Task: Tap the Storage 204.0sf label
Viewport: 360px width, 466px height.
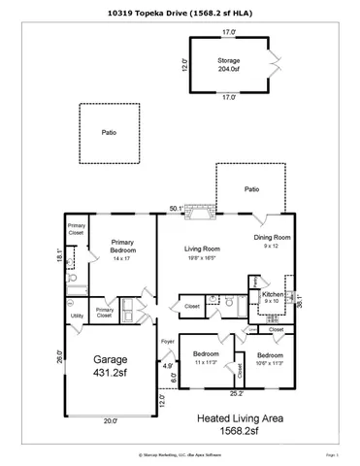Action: pos(229,65)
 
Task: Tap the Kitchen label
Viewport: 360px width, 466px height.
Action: pos(273,295)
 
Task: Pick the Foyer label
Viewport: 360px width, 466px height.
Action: pos(168,342)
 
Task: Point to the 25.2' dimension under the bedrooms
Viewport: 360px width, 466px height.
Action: pos(236,394)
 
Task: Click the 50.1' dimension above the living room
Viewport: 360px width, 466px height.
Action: pos(175,209)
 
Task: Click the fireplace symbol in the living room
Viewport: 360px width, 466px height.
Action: pos(200,207)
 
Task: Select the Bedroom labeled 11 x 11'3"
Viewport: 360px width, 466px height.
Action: pos(206,358)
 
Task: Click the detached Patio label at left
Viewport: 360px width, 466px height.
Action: pos(110,133)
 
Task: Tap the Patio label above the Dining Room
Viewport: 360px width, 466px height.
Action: pos(251,189)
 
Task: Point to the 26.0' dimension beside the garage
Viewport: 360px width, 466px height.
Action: pos(59,356)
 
